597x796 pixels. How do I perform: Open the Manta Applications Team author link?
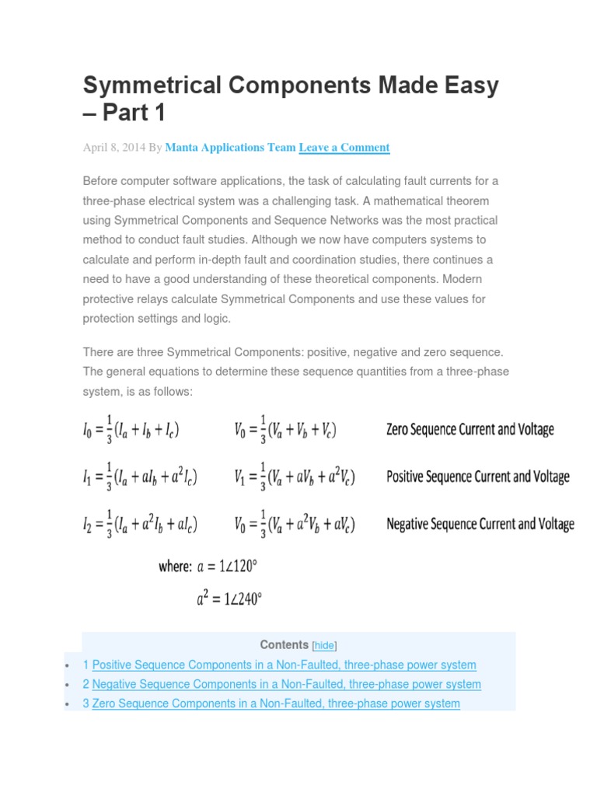[230, 147]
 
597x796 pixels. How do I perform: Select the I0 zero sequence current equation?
[135, 430]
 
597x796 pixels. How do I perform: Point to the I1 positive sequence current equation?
[140, 477]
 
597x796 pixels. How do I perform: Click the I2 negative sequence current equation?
[140, 525]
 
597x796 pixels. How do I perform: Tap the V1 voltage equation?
[295, 477]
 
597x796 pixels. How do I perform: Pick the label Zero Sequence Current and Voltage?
[470, 430]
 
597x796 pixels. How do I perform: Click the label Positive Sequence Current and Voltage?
[477, 477]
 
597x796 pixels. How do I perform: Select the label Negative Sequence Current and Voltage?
[480, 524]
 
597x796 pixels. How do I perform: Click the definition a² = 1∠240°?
[229, 599]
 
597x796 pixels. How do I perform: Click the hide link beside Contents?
[324, 646]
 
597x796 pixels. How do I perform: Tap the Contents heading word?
[284, 644]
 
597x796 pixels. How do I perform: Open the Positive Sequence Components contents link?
[284, 665]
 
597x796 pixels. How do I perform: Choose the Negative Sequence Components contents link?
[286, 684]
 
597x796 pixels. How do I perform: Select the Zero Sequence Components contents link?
[276, 703]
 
